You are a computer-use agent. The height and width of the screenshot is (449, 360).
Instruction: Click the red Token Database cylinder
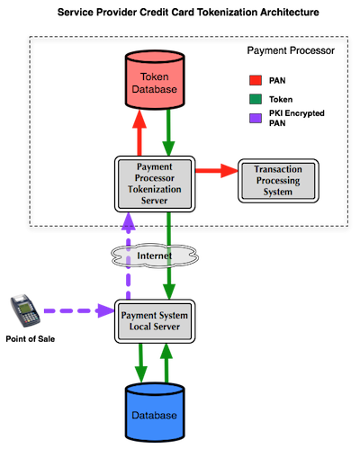point(155,80)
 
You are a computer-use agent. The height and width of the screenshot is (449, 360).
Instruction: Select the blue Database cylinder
point(155,412)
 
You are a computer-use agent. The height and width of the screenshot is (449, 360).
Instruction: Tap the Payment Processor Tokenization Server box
point(155,184)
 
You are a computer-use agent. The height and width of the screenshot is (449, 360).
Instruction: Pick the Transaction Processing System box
point(278,181)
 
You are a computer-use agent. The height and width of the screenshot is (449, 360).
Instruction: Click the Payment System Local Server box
point(155,321)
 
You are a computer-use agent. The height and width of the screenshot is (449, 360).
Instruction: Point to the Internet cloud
point(155,256)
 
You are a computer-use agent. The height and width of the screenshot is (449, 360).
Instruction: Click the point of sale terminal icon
point(25,310)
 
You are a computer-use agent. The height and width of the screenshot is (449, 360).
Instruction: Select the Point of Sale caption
point(31,339)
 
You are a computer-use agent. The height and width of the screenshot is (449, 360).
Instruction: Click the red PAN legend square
point(256,80)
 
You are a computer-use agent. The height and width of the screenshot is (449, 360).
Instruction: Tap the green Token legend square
point(256,99)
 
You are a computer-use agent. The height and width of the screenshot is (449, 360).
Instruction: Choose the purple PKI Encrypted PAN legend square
point(256,118)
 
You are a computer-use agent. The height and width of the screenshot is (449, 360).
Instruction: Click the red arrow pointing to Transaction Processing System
point(217,171)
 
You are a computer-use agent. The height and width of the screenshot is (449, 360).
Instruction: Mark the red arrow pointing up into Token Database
point(139,132)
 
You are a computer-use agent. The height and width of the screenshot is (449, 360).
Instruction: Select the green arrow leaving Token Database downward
point(168,132)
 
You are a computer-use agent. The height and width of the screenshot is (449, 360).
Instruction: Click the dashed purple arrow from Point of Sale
point(79,310)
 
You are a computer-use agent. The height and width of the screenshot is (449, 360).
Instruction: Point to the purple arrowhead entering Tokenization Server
point(129,220)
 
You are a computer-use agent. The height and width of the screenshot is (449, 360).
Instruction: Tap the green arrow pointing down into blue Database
point(140,364)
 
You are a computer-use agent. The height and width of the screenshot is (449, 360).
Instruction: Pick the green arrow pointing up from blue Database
point(166,364)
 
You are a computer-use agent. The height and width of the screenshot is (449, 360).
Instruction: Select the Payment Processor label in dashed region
point(291,50)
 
